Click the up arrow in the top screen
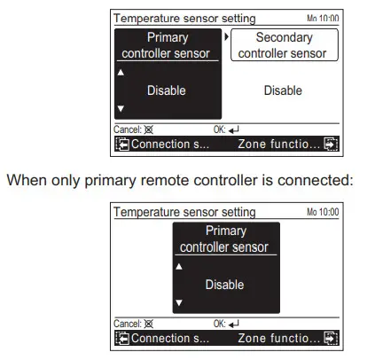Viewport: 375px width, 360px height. [x=121, y=73]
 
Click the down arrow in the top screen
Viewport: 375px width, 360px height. [x=121, y=108]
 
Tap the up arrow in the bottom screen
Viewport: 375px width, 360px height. [x=178, y=266]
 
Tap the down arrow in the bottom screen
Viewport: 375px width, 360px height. [x=178, y=302]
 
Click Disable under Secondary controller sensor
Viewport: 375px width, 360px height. [x=283, y=90]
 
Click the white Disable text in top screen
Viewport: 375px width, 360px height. [x=167, y=90]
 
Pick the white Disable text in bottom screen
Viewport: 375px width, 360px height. [x=224, y=285]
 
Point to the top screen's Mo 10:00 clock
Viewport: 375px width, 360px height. [x=322, y=19]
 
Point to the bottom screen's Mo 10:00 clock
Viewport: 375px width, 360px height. [x=322, y=213]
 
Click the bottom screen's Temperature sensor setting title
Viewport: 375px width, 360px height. [x=185, y=213]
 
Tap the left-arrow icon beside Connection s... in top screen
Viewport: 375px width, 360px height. [x=122, y=144]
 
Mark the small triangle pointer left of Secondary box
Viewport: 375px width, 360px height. [x=226, y=37]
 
